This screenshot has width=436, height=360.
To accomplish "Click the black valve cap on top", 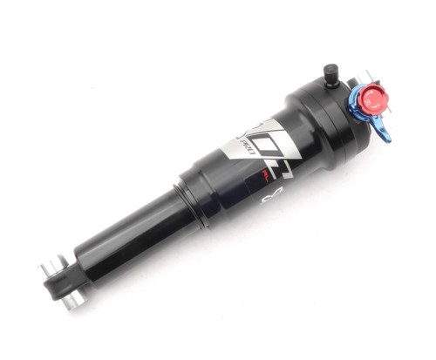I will [330, 71].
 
